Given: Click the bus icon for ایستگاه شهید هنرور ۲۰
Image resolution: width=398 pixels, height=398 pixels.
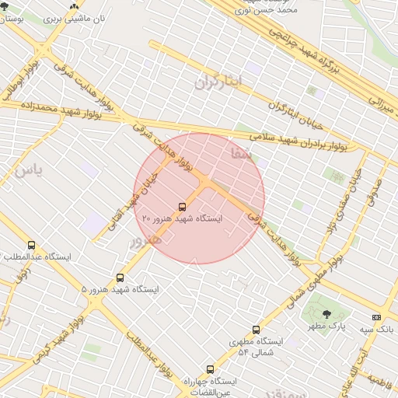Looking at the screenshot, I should click(x=182, y=207).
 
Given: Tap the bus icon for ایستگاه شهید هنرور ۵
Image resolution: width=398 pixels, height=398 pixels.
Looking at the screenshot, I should click(x=120, y=278).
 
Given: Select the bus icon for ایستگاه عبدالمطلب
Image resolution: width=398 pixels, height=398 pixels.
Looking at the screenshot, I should click(x=31, y=246).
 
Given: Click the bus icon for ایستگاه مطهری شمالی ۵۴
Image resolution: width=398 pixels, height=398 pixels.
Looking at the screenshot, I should click(x=256, y=330).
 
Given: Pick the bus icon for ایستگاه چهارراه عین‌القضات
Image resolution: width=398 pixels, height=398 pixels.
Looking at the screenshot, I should click(x=209, y=369).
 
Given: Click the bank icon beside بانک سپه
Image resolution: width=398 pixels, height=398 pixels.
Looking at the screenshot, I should click(x=377, y=317).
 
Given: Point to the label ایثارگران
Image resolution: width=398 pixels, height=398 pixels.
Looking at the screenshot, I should click(x=218, y=81).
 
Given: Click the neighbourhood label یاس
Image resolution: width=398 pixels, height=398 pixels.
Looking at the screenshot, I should click(x=25, y=169).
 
